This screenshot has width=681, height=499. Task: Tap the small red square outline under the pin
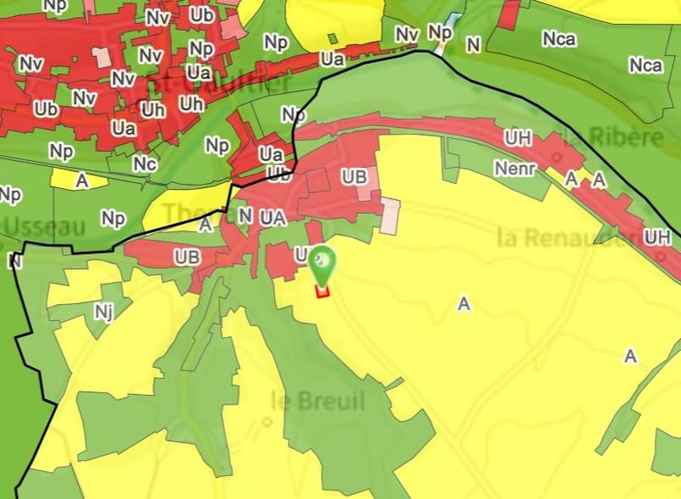tap(322, 291)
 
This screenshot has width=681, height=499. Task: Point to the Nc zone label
tap(145, 163)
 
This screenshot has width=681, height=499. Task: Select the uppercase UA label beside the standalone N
tap(273, 217)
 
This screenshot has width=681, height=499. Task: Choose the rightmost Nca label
tap(644, 66)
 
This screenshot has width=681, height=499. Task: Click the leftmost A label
tap(82, 181)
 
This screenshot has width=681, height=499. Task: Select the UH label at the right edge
tap(657, 237)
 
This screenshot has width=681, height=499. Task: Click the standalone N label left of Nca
tap(473, 44)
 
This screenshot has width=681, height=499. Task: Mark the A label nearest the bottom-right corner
tap(631, 356)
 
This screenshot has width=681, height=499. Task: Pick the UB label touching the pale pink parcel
tap(354, 177)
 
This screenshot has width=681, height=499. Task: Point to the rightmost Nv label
tap(408, 33)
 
